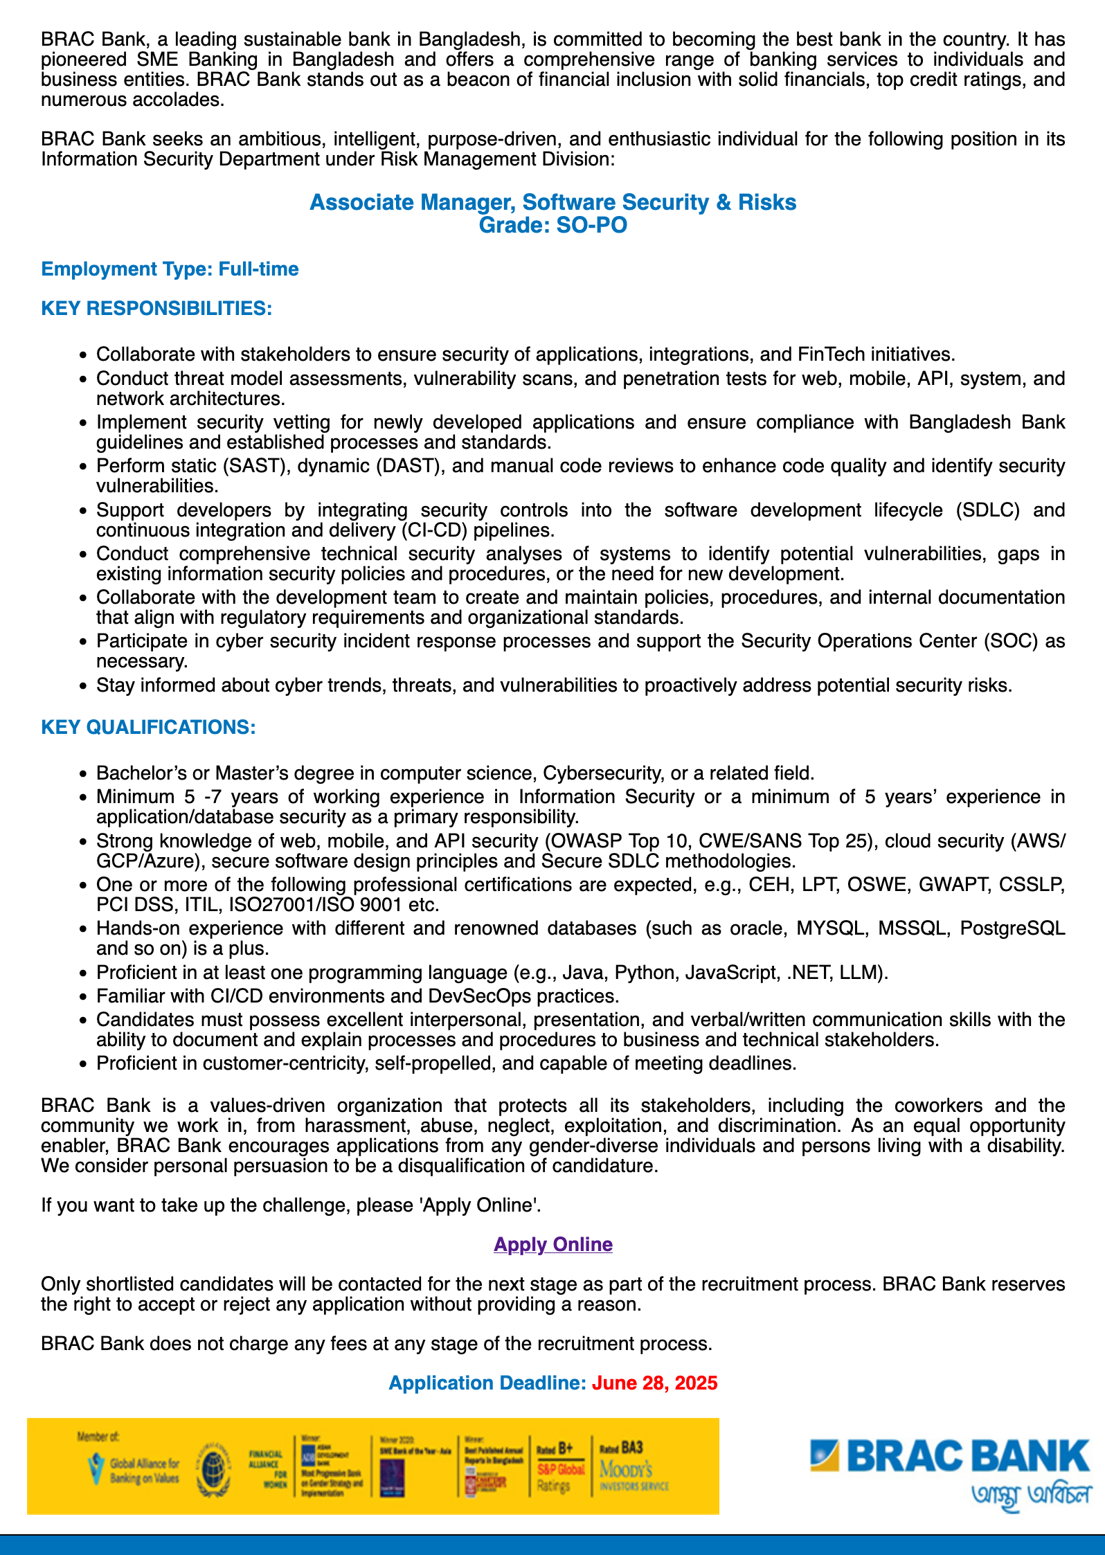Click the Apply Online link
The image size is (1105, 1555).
click(x=552, y=1244)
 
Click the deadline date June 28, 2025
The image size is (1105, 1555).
click(x=654, y=1383)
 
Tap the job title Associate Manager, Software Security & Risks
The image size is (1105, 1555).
click(x=552, y=202)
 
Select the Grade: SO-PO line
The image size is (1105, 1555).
click(x=552, y=225)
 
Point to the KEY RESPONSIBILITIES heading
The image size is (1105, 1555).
click(x=156, y=308)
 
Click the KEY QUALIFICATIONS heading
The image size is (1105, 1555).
click(x=148, y=727)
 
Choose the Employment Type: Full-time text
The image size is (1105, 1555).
click(x=170, y=269)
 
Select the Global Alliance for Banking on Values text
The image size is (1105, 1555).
click(x=144, y=1471)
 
